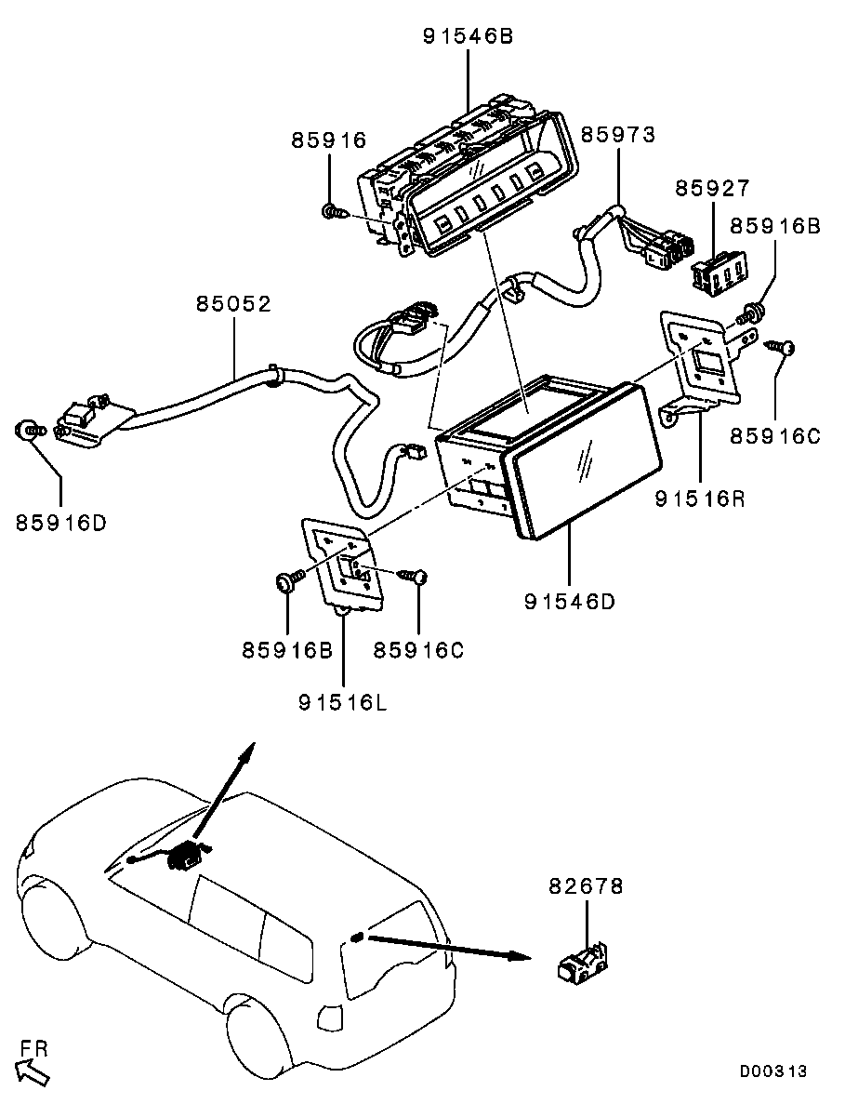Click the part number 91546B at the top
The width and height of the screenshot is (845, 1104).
[468, 37]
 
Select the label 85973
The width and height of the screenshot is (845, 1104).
[618, 135]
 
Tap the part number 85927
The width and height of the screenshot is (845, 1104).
[712, 188]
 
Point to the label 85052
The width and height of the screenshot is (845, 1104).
[233, 304]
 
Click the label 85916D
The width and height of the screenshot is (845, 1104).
[60, 522]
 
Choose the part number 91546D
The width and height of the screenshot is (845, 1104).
[570, 601]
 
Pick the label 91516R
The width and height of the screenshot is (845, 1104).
[699, 499]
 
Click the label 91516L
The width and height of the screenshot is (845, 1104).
[342, 702]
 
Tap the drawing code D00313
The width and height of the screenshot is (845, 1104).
[772, 1071]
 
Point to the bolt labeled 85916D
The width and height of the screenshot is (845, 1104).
[31, 431]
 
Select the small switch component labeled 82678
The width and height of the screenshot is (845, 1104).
[581, 963]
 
